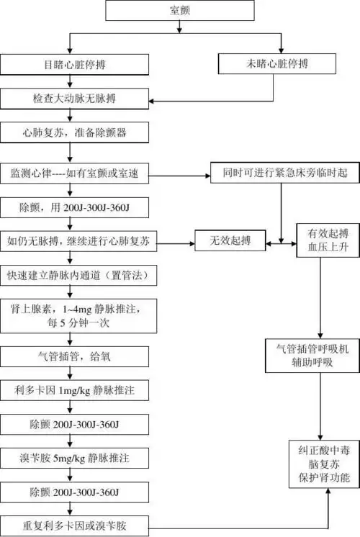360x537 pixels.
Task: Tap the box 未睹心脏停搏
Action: (x=278, y=64)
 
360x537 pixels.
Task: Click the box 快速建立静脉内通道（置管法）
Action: (x=79, y=276)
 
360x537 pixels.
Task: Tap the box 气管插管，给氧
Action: (x=79, y=355)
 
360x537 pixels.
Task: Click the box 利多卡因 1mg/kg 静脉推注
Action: (x=79, y=389)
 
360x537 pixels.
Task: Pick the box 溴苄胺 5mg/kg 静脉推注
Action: (x=79, y=457)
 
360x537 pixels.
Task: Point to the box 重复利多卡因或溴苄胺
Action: (x=79, y=523)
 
